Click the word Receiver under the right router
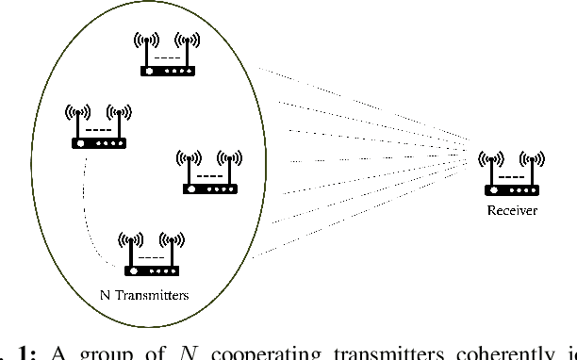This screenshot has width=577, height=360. point(512,211)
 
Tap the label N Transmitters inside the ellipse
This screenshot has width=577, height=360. point(144,295)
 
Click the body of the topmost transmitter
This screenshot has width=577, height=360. point(168,71)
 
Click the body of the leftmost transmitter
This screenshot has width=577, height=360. point(98,143)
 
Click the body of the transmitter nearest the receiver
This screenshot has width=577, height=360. point(209,188)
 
